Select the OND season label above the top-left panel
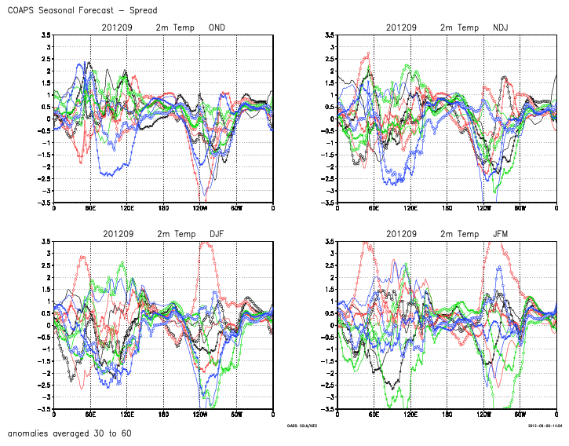tap(217, 27)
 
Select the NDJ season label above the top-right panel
tap(501, 27)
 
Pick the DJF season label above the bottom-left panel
tap(217, 234)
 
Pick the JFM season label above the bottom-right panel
tap(501, 234)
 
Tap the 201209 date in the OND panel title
tap(118, 27)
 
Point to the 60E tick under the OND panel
tap(90, 208)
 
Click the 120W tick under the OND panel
tap(199, 208)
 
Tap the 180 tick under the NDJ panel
tap(447, 208)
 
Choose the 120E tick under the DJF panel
tap(126, 415)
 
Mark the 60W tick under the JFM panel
tap(520, 415)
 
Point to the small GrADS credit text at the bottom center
tap(303, 425)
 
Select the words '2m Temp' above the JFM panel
tap(459, 234)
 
